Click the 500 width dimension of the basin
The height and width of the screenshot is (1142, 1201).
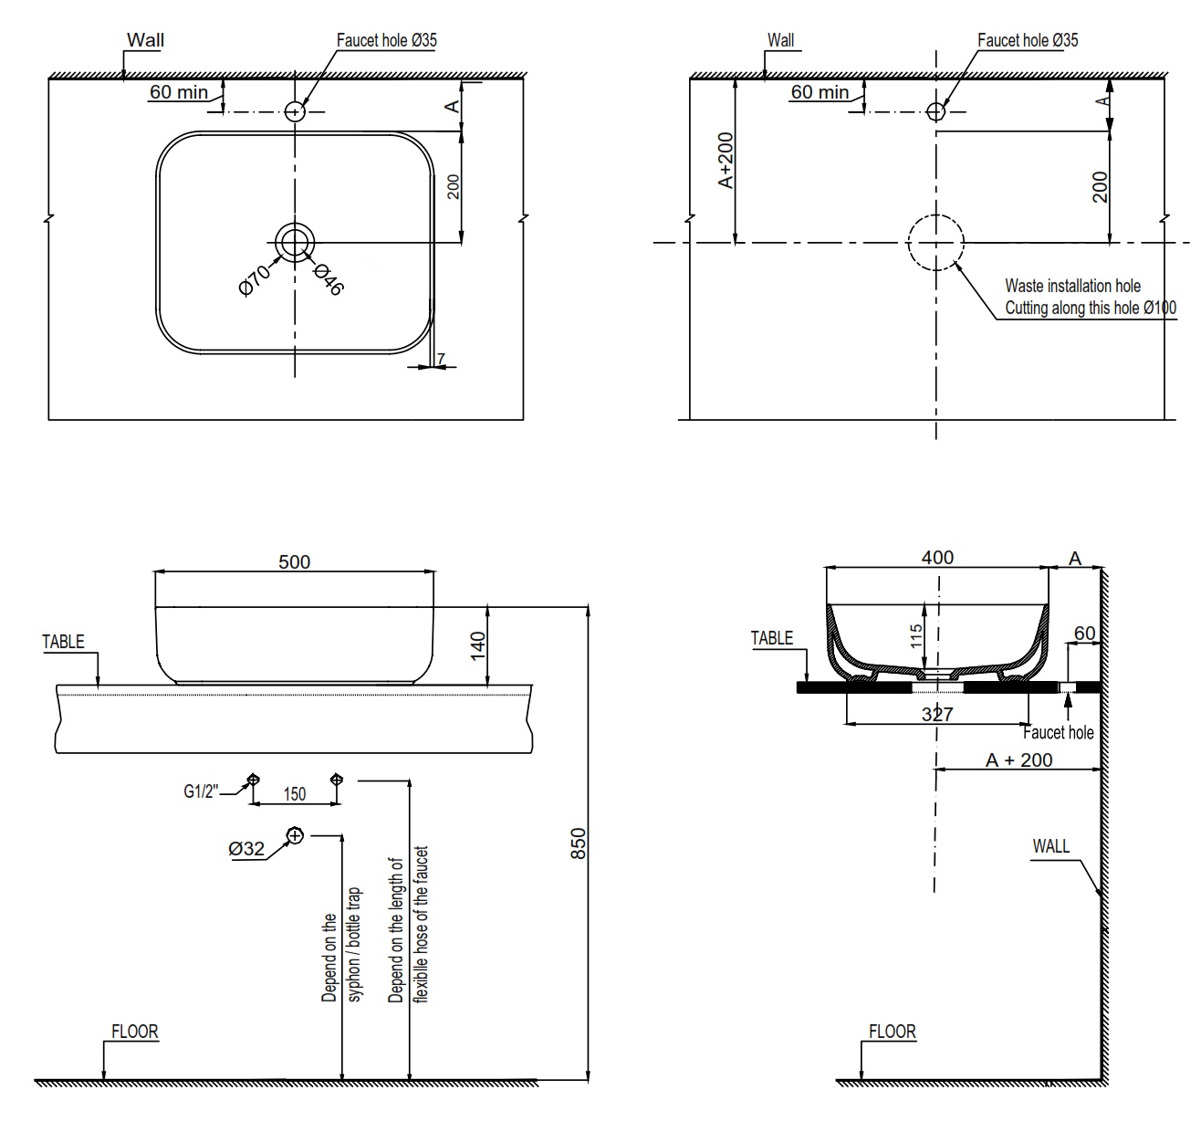294,561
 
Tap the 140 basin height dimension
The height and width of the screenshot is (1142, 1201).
478,644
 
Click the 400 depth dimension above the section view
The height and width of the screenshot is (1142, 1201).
937,557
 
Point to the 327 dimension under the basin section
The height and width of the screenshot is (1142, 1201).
937,714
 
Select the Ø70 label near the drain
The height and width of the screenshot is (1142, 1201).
254,279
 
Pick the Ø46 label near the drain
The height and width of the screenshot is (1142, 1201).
328,279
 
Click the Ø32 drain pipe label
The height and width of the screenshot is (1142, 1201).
246,849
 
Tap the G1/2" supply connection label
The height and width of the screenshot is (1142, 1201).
201,792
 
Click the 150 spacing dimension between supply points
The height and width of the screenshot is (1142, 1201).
294,794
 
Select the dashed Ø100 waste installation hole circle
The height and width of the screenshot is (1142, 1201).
935,243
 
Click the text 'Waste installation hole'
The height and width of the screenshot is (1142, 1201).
1072,286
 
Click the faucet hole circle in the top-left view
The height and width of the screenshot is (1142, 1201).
295,111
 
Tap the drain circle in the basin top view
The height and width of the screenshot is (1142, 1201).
295,242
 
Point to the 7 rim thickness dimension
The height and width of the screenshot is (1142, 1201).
441,359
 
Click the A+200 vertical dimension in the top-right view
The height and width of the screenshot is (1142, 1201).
726,162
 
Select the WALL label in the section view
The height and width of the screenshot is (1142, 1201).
1050,846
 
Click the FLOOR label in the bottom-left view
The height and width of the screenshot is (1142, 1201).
134,1032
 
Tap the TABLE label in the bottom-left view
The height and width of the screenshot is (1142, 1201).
63,642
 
